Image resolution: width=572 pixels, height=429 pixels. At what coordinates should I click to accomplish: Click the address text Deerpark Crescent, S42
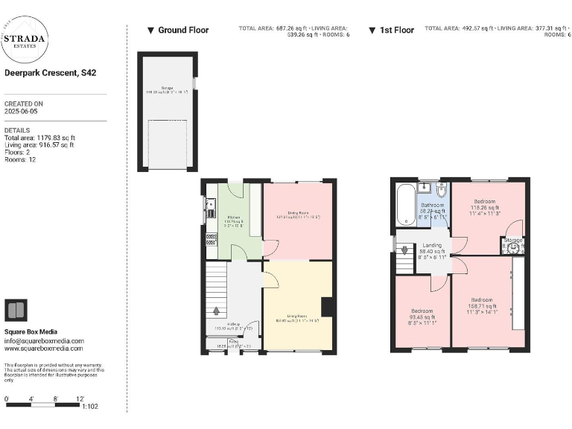50,73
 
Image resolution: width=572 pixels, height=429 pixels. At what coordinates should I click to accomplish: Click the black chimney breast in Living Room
326,307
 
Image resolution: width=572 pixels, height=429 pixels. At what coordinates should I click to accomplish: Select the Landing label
433,245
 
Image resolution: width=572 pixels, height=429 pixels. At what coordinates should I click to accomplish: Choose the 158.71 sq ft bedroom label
480,303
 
